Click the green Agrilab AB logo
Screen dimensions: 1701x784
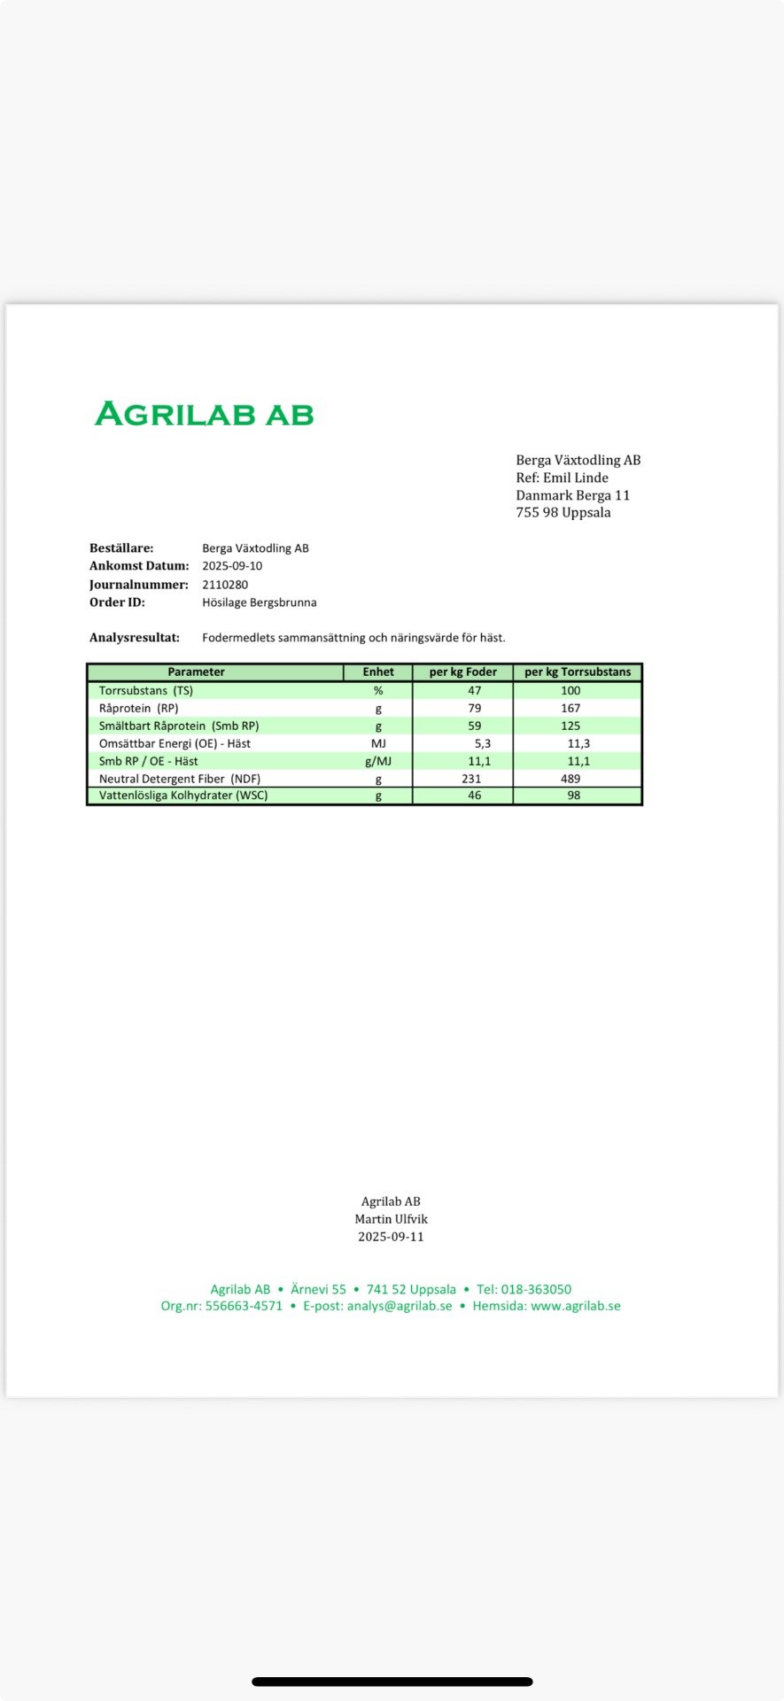pyautogui.click(x=204, y=414)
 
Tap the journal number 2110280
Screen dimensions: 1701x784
pyautogui.click(x=225, y=585)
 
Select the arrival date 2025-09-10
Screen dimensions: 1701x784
pyautogui.click(x=232, y=566)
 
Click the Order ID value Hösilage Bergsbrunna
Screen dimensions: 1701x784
pyautogui.click(x=259, y=602)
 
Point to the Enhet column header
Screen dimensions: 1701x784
pyautogui.click(x=378, y=672)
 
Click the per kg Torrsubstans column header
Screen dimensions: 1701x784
pyautogui.click(x=578, y=672)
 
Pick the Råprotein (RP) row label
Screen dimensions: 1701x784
pyautogui.click(x=138, y=708)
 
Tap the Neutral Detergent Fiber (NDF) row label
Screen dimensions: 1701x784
pyautogui.click(x=180, y=779)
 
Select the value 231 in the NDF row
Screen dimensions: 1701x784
pyautogui.click(x=471, y=779)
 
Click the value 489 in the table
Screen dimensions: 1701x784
pyautogui.click(x=571, y=779)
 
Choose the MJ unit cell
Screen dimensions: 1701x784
pyautogui.click(x=378, y=743)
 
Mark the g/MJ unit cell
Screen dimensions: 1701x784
pyautogui.click(x=378, y=761)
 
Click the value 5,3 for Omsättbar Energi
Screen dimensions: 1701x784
pyautogui.click(x=482, y=743)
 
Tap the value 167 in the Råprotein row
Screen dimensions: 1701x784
pyautogui.click(x=571, y=708)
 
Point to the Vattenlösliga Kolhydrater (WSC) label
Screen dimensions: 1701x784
pyautogui.click(x=183, y=796)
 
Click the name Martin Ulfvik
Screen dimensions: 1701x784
pyautogui.click(x=391, y=1219)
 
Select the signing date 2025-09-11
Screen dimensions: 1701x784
pyautogui.click(x=391, y=1237)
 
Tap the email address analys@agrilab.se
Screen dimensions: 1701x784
pyautogui.click(x=400, y=1306)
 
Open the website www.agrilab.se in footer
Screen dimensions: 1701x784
pyautogui.click(x=576, y=1306)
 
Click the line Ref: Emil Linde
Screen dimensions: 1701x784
pyautogui.click(x=562, y=478)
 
